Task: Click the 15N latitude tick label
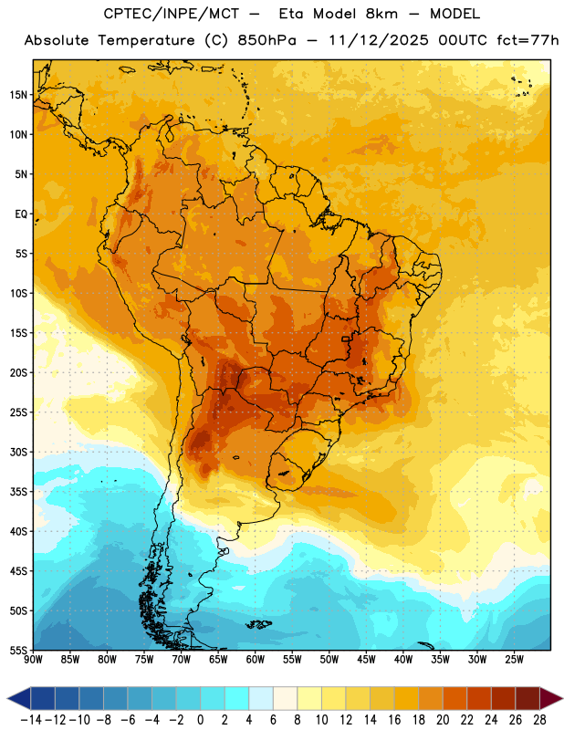(x=18, y=95)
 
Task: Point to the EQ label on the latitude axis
(x=21, y=214)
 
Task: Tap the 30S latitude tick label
(x=18, y=452)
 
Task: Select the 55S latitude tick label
(x=18, y=651)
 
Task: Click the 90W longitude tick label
(x=33, y=660)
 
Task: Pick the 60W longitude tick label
(x=256, y=660)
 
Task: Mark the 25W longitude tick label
(x=514, y=660)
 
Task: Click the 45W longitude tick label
(x=366, y=660)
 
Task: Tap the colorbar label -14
(x=31, y=720)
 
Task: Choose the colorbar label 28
(x=539, y=720)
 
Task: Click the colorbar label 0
(x=200, y=720)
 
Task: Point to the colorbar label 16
(x=394, y=720)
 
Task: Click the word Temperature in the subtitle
(x=146, y=40)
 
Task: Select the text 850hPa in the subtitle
(x=266, y=40)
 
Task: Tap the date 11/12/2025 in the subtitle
(x=378, y=40)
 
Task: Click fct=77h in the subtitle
(x=527, y=40)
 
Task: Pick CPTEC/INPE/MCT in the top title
(x=172, y=14)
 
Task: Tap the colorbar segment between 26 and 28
(x=527, y=699)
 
